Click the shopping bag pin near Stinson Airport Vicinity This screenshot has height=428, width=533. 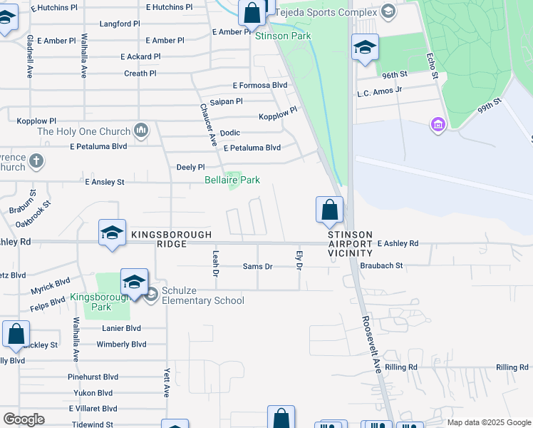[x=329, y=210]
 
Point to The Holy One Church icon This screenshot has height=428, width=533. [x=141, y=131]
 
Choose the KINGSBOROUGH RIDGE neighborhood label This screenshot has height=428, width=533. [x=171, y=239]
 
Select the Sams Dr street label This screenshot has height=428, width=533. [x=258, y=266]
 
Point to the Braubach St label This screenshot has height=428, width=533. [x=381, y=265]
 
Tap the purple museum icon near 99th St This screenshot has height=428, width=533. [x=438, y=126]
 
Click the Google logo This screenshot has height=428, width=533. [x=24, y=419]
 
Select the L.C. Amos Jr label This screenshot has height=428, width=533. [x=380, y=90]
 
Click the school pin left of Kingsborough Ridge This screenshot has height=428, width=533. [x=112, y=233]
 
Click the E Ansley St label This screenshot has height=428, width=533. [x=105, y=183]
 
